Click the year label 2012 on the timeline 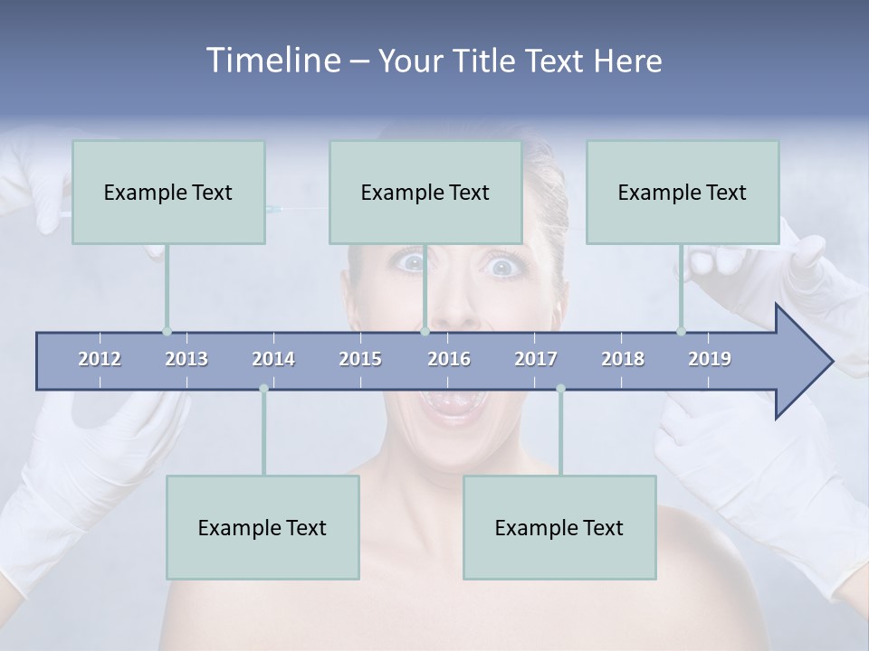pos(100,359)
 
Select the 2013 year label pos(186,359)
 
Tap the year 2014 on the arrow pos(273,359)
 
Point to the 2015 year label pos(360,359)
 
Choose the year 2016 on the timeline pos(449,359)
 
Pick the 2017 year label pos(536,359)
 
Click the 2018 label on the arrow pos(623,359)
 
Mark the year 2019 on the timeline pos(710,359)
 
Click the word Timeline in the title pos(272,61)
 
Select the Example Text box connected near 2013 pos(168,192)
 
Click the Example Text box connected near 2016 pos(425,192)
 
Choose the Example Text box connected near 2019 pos(683,192)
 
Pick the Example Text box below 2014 pos(263,527)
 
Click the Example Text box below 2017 pos(559,527)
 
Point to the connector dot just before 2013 pos(167,331)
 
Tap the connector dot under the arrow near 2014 pos(263,389)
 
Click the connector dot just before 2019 pos(681,331)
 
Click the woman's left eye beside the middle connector pos(412,263)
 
